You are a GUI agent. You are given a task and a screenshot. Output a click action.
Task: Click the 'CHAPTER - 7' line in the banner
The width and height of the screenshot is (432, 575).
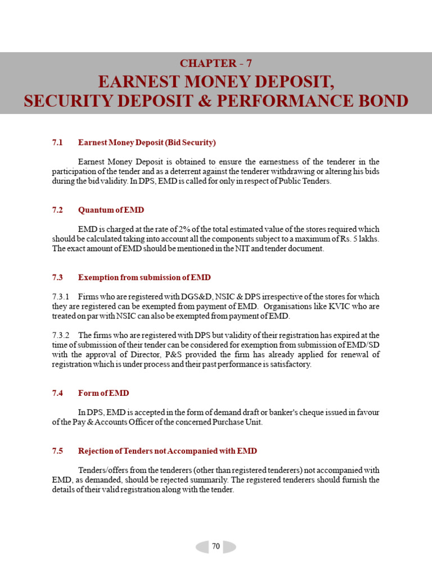[216, 63]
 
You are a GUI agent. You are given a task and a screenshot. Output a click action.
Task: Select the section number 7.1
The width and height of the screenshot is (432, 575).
[57, 143]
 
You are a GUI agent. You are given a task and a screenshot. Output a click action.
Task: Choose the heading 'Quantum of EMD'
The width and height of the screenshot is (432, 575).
[111, 210]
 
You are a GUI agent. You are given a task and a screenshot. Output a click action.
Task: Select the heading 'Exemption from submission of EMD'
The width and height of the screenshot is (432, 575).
[145, 277]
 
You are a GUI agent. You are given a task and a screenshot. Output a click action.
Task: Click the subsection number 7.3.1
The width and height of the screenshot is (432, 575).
[61, 296]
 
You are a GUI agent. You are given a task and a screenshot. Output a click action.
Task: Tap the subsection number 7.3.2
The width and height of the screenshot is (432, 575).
[61, 335]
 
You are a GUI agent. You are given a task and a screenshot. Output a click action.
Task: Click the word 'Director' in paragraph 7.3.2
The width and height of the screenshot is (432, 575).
[146, 354]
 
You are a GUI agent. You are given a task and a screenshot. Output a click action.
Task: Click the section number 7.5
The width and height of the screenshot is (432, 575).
[57, 451]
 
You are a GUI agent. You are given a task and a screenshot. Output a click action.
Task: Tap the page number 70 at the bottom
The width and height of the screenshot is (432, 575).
[216, 546]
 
